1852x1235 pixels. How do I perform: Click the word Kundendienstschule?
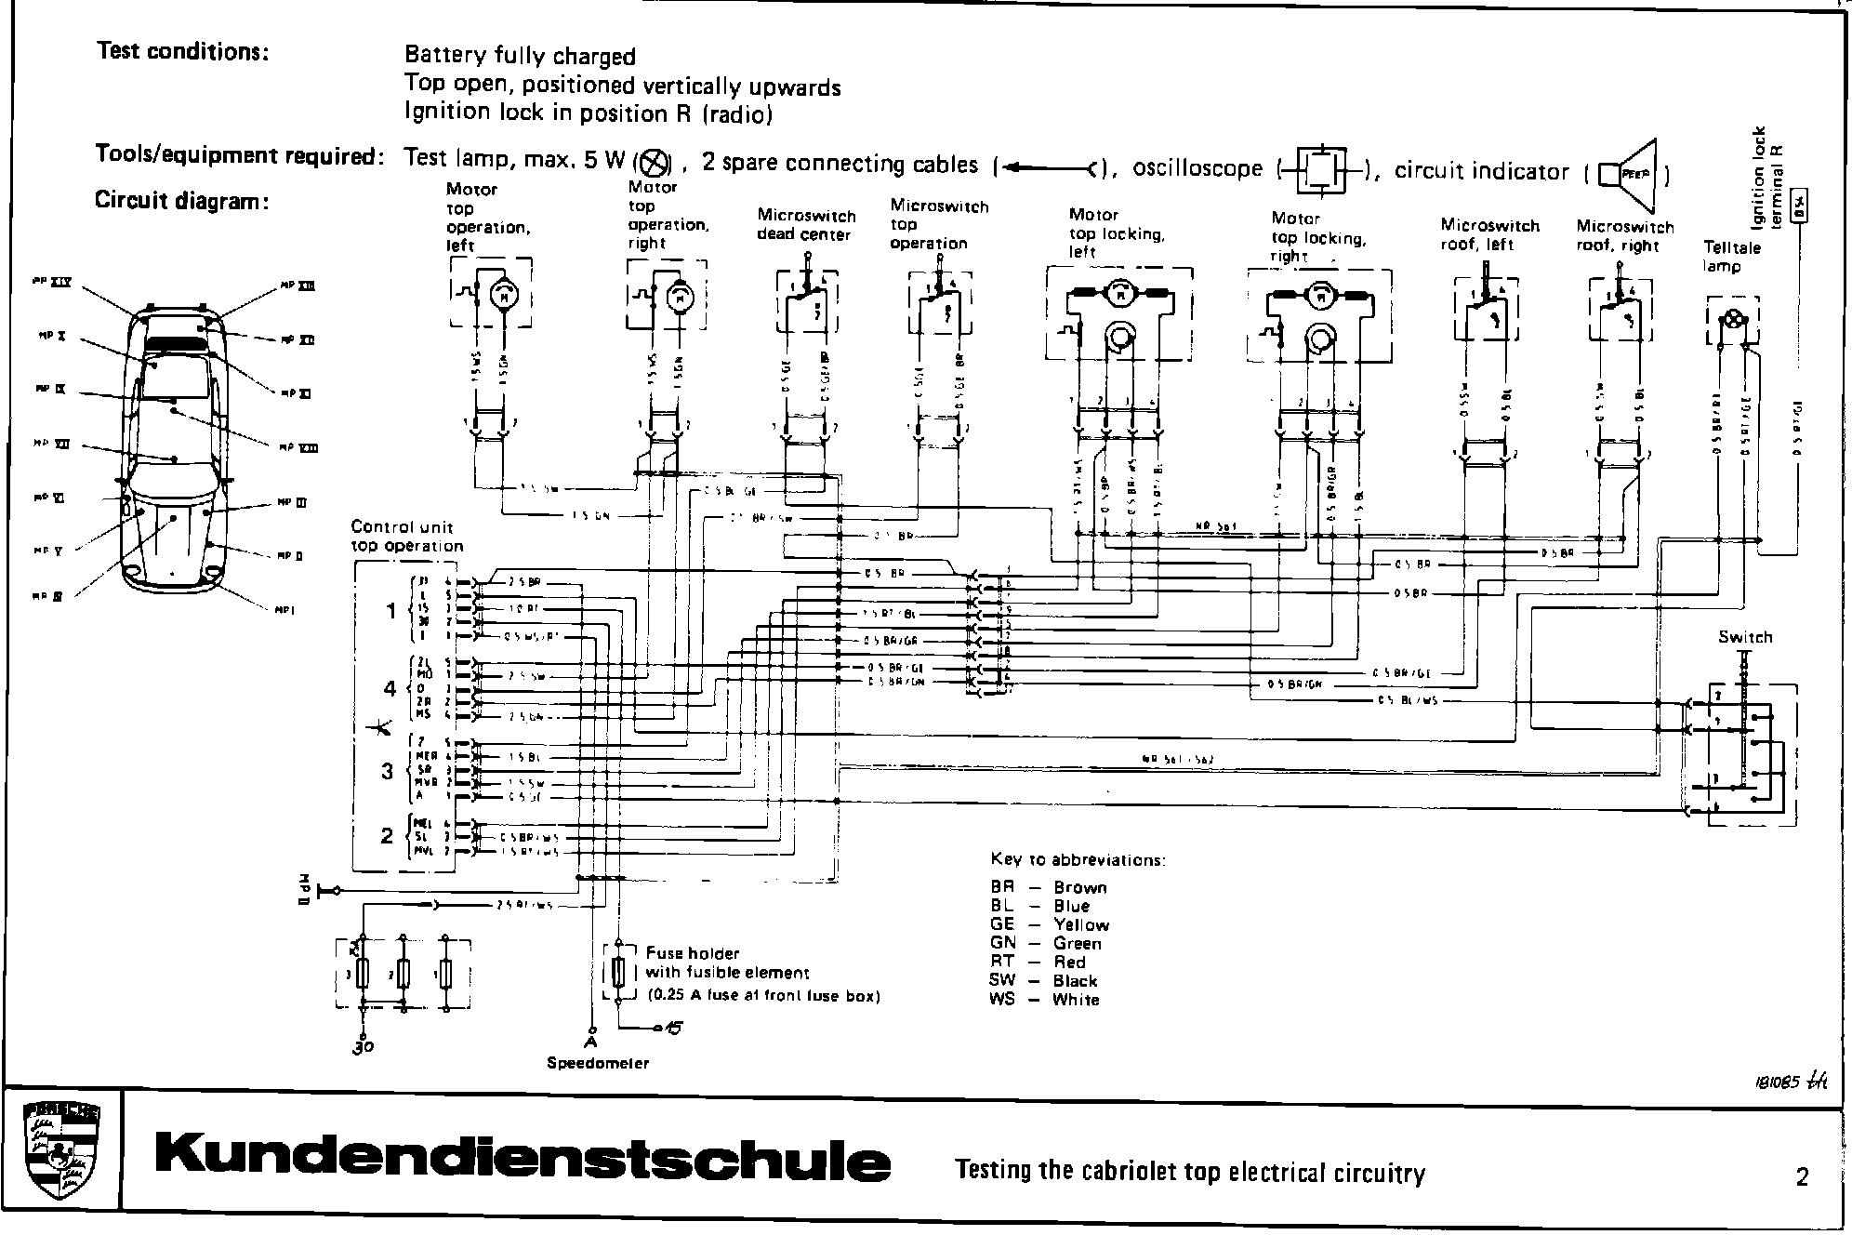coord(523,1161)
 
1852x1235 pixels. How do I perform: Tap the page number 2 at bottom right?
coord(1802,1177)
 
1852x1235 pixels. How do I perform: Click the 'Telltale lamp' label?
coord(1731,257)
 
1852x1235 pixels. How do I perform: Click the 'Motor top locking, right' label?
coord(1318,236)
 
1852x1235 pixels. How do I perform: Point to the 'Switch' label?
coord(1745,637)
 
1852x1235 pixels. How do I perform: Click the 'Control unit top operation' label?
coord(406,537)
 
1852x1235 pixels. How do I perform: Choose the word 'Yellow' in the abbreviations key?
coord(1081,924)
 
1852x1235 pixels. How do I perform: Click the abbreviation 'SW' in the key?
coord(1003,980)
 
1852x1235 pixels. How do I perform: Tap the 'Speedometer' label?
coord(598,1063)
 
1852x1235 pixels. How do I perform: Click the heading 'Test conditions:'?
coord(183,51)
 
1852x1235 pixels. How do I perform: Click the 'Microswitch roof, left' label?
coord(1489,234)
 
